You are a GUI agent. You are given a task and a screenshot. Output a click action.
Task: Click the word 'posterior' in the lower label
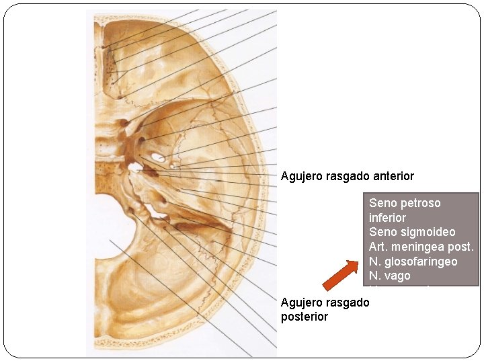[305, 317]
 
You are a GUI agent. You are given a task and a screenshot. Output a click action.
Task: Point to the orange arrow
[340, 275]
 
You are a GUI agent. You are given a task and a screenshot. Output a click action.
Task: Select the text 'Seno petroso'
[405, 202]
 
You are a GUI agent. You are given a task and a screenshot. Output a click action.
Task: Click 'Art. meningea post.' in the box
[421, 247]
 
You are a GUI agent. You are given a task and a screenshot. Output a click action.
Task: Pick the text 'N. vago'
[389, 276]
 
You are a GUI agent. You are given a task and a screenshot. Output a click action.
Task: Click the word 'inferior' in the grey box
[387, 217]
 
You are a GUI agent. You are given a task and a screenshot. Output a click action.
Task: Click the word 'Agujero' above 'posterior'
[302, 302]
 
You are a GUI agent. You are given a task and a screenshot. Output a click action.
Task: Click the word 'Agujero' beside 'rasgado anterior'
[302, 176]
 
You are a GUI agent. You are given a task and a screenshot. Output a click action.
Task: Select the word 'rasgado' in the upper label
[348, 176]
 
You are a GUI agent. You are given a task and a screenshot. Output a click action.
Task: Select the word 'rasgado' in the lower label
[348, 302]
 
